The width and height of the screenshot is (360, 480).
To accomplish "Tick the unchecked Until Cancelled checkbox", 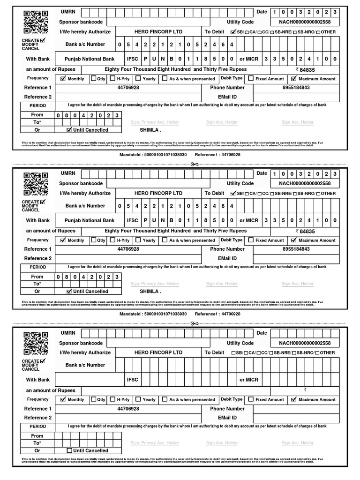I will pos(69,450).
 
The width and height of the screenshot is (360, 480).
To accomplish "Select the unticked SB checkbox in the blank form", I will pos(234,353).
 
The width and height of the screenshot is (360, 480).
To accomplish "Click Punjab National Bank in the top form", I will pos(89,59).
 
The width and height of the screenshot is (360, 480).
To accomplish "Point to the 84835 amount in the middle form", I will pos(307,231).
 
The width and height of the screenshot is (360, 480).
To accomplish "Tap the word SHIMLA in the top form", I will pos(150,130).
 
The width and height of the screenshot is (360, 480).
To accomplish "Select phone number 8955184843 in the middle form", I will pos(296,249).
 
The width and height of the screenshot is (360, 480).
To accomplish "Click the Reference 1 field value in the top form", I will pos(128,88).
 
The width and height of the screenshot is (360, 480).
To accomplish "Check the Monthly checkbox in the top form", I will pos(63,79).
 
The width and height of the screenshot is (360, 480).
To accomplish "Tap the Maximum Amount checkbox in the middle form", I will pos(294,240).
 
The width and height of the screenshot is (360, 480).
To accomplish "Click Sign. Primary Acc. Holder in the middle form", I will pos(155,284).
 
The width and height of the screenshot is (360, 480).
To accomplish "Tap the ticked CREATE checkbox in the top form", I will pos(43,40).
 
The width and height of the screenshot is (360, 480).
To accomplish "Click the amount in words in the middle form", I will pos(175,231).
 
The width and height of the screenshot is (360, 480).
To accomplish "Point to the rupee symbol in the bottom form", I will pos(305,390).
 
